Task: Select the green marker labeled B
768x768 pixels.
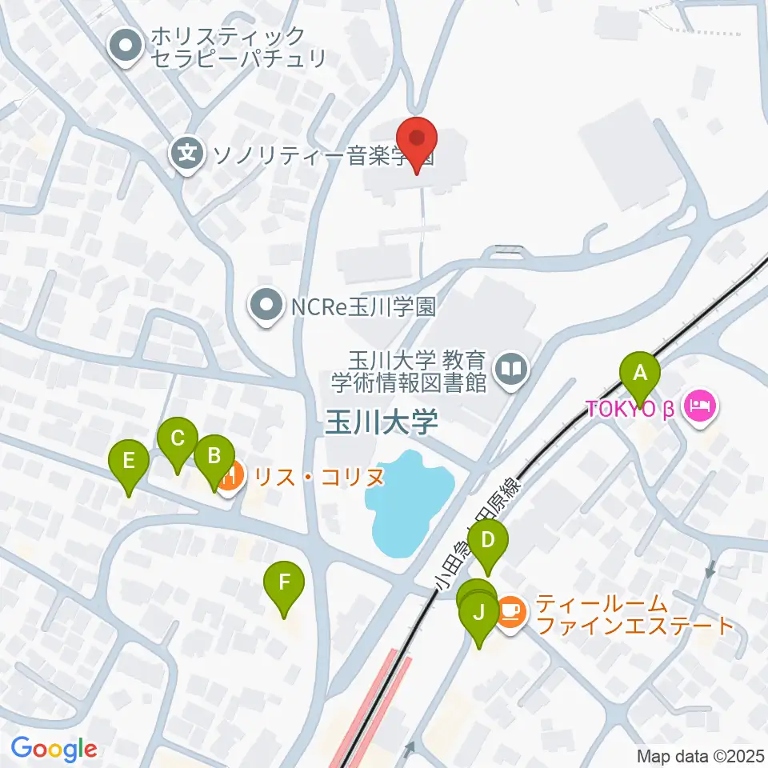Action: [214, 457]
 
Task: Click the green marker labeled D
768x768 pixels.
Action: [488, 542]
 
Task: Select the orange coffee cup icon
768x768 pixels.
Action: [510, 613]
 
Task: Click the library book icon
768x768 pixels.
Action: [509, 369]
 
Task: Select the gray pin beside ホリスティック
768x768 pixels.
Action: [126, 47]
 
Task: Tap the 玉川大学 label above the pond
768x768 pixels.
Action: [381, 422]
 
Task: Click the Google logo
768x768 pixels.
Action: [54, 749]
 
